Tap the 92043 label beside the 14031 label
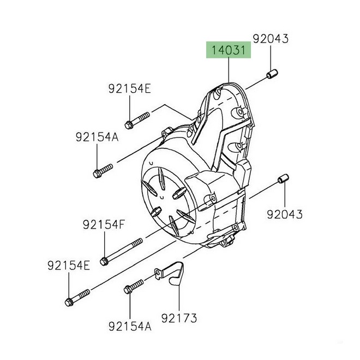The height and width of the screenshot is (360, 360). [271, 39]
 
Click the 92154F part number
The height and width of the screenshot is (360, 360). [104, 224]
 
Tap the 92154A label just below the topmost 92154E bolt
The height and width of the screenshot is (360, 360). [97, 138]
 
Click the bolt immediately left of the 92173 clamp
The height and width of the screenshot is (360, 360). [134, 285]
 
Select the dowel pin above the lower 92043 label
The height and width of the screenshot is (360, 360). [284, 179]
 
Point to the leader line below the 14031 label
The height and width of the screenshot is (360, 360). [228, 71]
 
